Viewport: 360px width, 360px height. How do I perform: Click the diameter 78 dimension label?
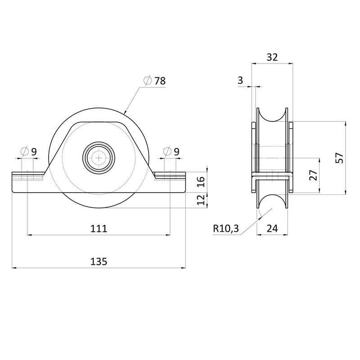tap(154, 81)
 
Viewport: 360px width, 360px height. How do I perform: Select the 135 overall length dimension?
tap(99, 261)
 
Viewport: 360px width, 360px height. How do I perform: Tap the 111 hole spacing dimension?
tap(99, 229)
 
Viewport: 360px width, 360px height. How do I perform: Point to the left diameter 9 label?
tap(29, 152)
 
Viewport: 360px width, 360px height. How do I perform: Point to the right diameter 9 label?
tap(172, 152)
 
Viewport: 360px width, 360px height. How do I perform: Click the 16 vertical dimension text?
tap(201, 182)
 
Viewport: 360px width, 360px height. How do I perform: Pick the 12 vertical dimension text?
tap(201, 201)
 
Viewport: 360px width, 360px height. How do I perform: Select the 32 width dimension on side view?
tap(272, 57)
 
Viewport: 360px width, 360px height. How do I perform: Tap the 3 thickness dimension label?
tap(240, 80)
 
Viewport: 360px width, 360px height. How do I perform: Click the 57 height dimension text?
tap(339, 157)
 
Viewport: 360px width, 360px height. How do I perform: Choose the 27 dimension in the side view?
tap(313, 175)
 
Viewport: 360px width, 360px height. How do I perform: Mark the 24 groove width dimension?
tap(272, 229)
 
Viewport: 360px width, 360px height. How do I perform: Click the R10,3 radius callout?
tap(225, 229)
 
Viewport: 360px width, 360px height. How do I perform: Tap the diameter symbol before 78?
tap(147, 81)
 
